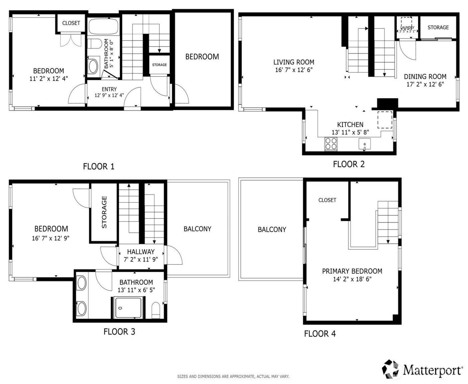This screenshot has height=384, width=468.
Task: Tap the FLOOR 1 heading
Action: tap(99, 166)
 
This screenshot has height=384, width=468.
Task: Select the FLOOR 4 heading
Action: tap(320, 334)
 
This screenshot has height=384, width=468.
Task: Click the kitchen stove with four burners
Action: tap(331, 144)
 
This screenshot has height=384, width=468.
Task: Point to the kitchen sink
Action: tap(365, 144)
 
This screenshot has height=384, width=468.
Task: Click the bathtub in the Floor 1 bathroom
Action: tap(103, 27)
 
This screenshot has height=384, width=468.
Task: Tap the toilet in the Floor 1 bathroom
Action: tap(95, 44)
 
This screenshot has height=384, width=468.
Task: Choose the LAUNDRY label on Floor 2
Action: tap(407, 27)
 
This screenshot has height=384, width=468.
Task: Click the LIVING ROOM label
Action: tap(294, 62)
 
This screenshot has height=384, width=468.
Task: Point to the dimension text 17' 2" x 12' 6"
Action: tap(425, 84)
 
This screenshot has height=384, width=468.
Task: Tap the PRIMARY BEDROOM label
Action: tap(352, 271)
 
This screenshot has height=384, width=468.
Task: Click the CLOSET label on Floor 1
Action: tap(71, 23)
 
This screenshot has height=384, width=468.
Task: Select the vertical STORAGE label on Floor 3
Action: tap(104, 212)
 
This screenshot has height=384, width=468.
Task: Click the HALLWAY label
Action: tap(141, 251)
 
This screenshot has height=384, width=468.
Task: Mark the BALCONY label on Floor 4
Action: tap(272, 230)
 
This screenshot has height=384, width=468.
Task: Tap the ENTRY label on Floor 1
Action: tap(109, 89)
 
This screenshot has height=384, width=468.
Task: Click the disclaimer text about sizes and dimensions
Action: tap(233, 377)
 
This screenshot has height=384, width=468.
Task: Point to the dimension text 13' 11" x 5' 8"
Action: tap(350, 132)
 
